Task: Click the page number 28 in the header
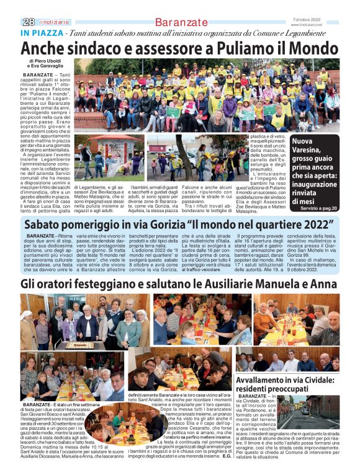(x=28, y=22)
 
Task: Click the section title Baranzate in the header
(x=182, y=22)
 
